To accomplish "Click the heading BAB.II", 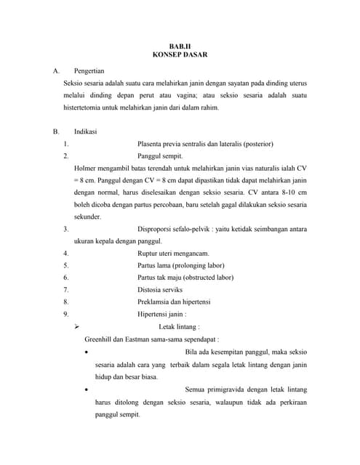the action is tap(179, 45).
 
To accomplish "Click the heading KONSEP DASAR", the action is tap(179, 54).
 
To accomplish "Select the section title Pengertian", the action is tap(89, 71).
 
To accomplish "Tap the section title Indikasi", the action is tap(86, 132).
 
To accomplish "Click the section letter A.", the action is tap(55, 71).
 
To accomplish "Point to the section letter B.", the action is tap(55, 132).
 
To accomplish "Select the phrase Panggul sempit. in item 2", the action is tap(161, 155).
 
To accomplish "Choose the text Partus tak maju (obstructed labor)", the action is tap(185, 278).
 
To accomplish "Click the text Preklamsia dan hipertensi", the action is tap(178, 302).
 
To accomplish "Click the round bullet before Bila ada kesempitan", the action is tap(87, 352).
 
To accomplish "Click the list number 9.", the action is tap(65, 315).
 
